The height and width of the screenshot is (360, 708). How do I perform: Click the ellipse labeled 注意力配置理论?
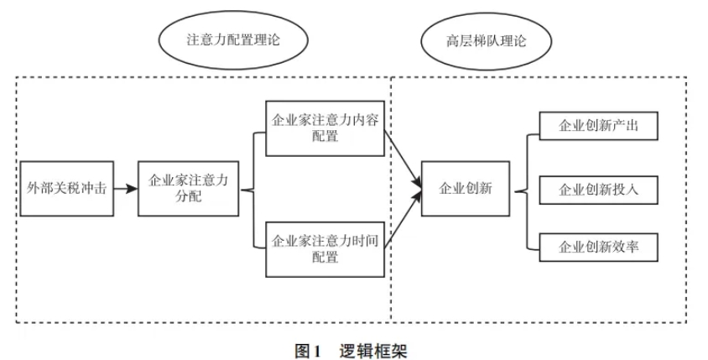coord(231,41)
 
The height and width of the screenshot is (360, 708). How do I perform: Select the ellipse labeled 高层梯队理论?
coord(487,41)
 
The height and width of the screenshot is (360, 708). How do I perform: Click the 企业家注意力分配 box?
coord(189,189)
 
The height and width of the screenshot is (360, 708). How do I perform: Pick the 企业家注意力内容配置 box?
coord(325,128)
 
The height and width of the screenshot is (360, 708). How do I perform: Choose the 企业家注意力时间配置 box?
coord(325,248)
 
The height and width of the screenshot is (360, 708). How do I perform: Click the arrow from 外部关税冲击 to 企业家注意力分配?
coord(124,189)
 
